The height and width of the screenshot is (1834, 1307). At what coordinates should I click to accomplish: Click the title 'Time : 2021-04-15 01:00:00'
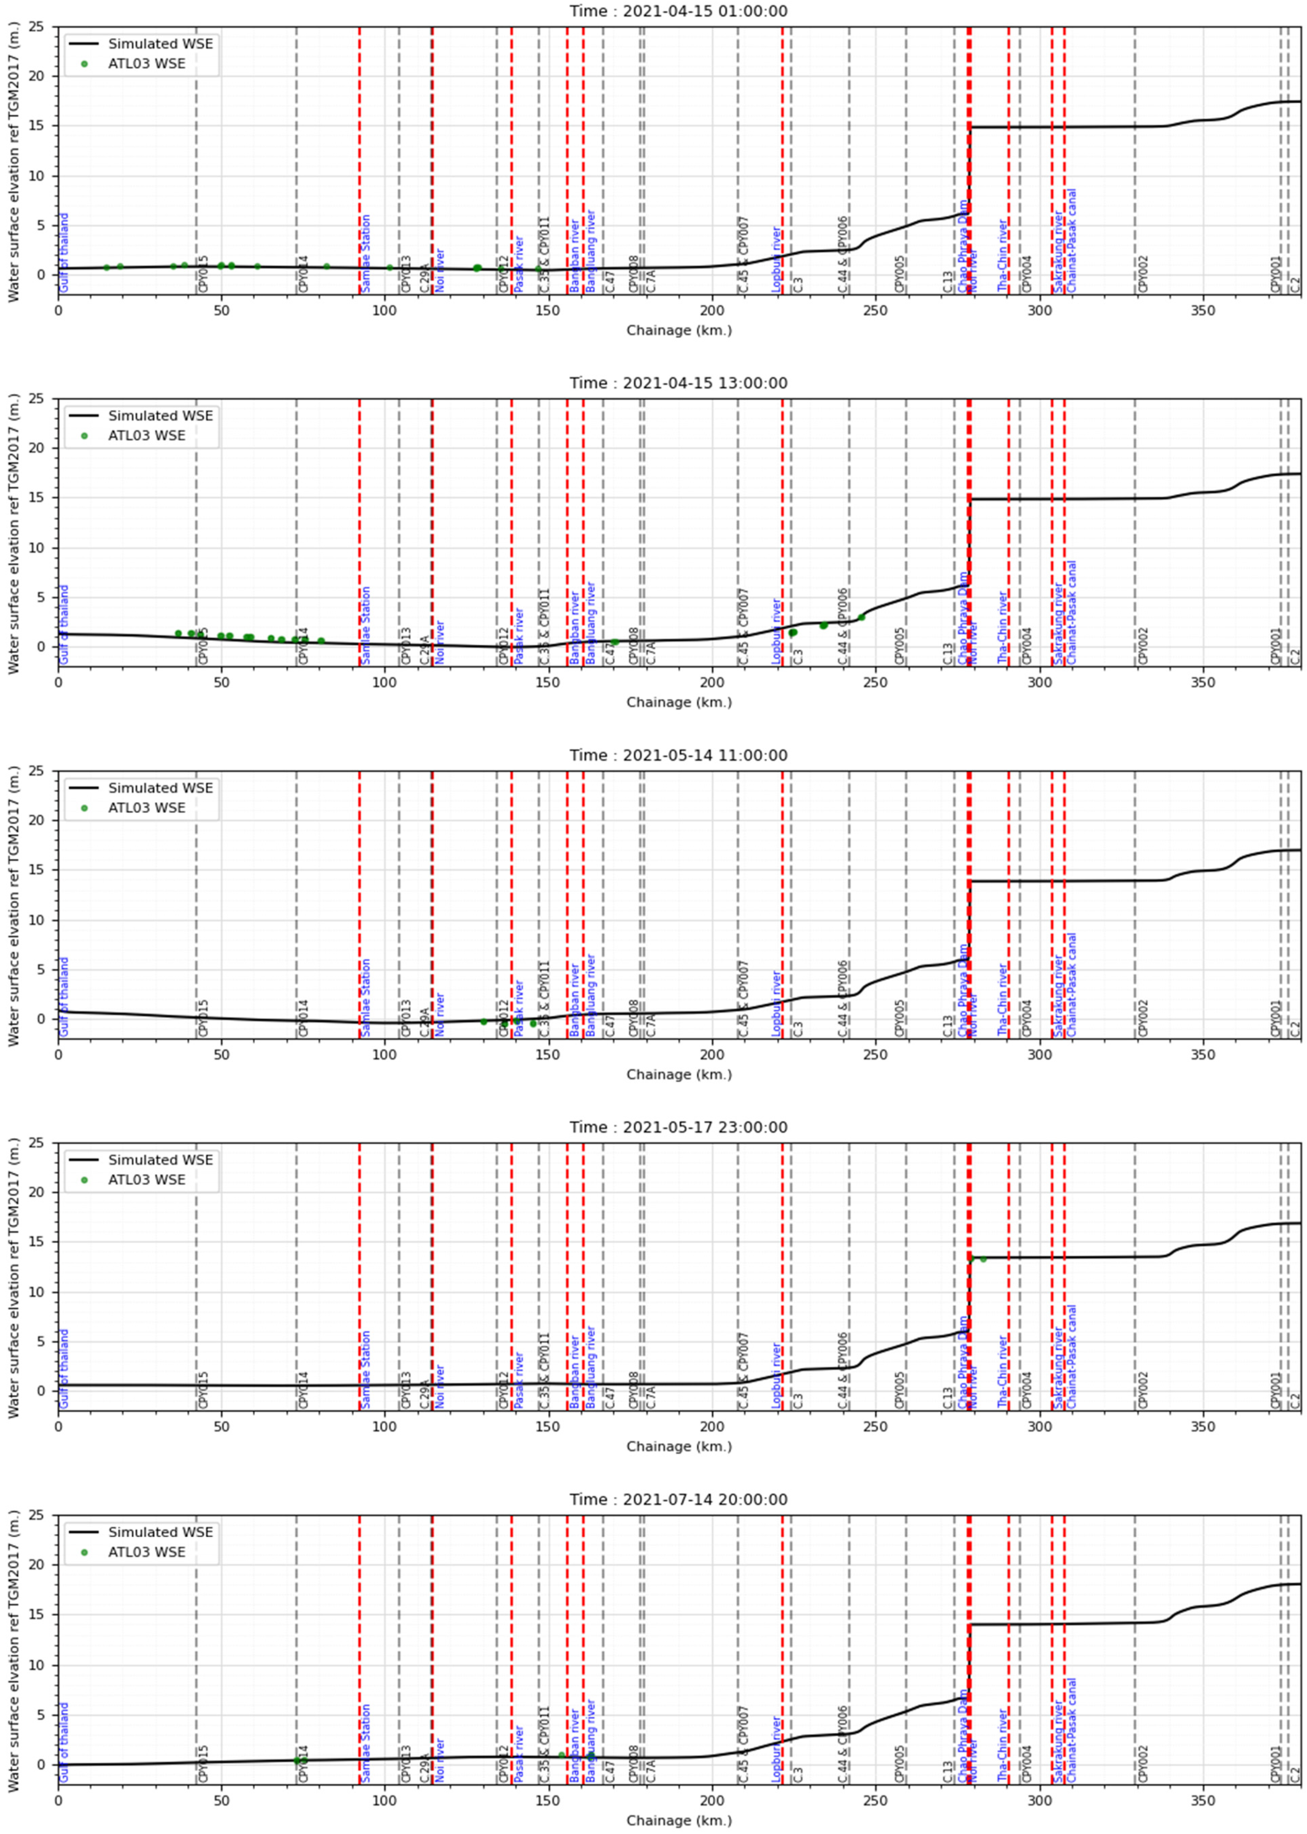tap(679, 11)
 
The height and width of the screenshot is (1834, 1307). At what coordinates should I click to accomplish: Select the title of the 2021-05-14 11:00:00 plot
tap(679, 755)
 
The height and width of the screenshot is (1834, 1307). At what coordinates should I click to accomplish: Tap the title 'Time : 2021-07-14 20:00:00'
tap(679, 1499)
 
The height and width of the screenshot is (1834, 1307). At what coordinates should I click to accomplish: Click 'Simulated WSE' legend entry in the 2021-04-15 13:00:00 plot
tap(160, 416)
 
